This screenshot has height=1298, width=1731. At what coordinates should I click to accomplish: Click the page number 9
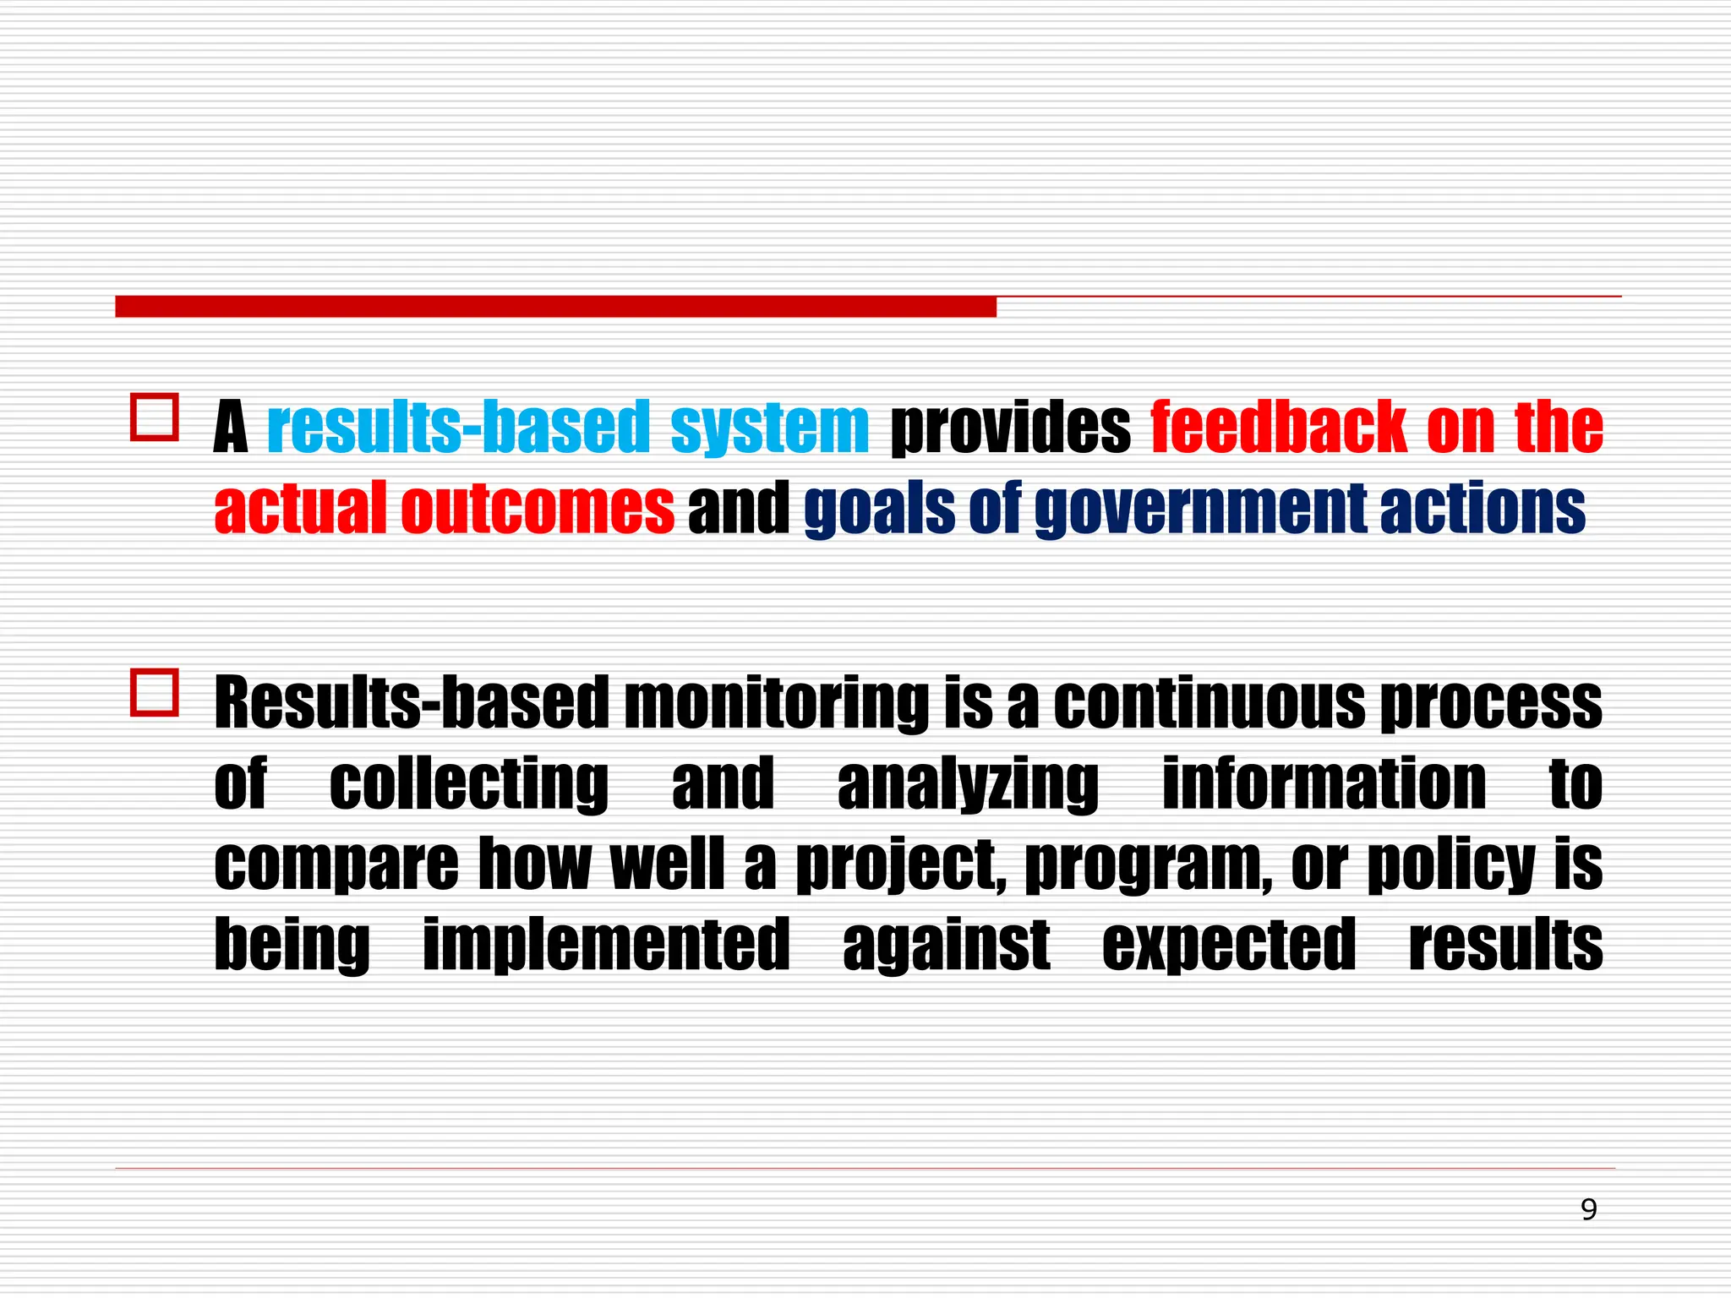pos(1588,1210)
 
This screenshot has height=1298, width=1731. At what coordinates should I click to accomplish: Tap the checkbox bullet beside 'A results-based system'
pos(155,417)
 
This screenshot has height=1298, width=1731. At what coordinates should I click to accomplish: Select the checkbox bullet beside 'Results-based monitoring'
pos(155,692)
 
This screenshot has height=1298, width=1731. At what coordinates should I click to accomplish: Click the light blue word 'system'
pos(769,427)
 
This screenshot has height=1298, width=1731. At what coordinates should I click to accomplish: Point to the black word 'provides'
pos(1011,428)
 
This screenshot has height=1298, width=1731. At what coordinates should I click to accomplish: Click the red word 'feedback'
pos(1279,427)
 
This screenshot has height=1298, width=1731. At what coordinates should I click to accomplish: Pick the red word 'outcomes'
pos(538,508)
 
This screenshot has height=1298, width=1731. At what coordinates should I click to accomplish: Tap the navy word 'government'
pos(1200,510)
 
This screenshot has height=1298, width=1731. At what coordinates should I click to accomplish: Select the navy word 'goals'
pos(880,510)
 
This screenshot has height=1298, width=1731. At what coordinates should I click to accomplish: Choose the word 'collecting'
pos(468,784)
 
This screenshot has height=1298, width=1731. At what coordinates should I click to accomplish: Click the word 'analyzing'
pos(968,784)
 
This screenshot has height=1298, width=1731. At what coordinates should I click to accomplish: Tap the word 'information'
pos(1324,783)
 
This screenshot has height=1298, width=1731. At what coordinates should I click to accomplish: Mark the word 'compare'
pos(336,865)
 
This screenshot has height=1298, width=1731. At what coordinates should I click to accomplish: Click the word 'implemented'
pos(606,945)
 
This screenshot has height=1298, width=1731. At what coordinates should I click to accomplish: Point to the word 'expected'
pos(1229,945)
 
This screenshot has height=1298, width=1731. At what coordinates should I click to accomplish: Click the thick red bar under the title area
pos(555,306)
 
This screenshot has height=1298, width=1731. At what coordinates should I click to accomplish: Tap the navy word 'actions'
pos(1483,508)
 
